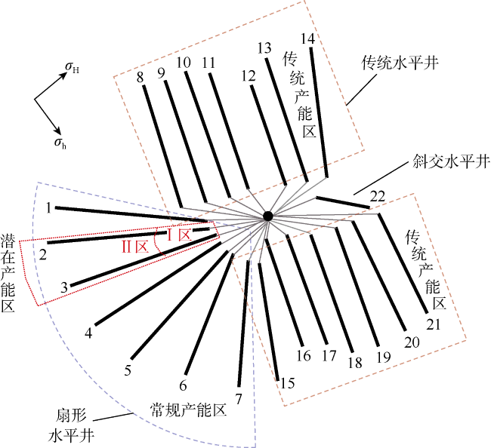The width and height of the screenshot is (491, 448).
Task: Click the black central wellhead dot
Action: point(267,216)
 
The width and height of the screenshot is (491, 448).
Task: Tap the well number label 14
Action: point(307,38)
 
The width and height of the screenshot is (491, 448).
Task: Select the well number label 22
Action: point(378,197)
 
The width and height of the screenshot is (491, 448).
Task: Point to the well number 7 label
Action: point(239,399)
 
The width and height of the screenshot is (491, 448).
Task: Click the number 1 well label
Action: point(48,208)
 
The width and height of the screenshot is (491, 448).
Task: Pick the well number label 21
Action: point(434,324)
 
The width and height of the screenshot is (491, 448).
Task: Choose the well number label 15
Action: point(288,383)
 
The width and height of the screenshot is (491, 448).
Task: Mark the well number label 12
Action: point(249,76)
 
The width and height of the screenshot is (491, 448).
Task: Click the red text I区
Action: point(178,235)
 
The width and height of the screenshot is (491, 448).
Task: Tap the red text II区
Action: point(135,247)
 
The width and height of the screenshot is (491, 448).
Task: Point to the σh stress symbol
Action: point(60,143)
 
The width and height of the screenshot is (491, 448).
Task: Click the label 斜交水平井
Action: point(451,162)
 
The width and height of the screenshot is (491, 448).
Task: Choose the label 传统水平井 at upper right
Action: point(400,63)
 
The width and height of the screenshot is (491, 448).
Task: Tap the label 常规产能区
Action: point(189,410)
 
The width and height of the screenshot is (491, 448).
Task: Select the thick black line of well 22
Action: point(343,202)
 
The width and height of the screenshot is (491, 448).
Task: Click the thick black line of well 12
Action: point(269,135)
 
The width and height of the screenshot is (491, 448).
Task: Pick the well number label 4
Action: point(88,333)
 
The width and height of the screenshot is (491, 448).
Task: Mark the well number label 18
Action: point(355,363)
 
